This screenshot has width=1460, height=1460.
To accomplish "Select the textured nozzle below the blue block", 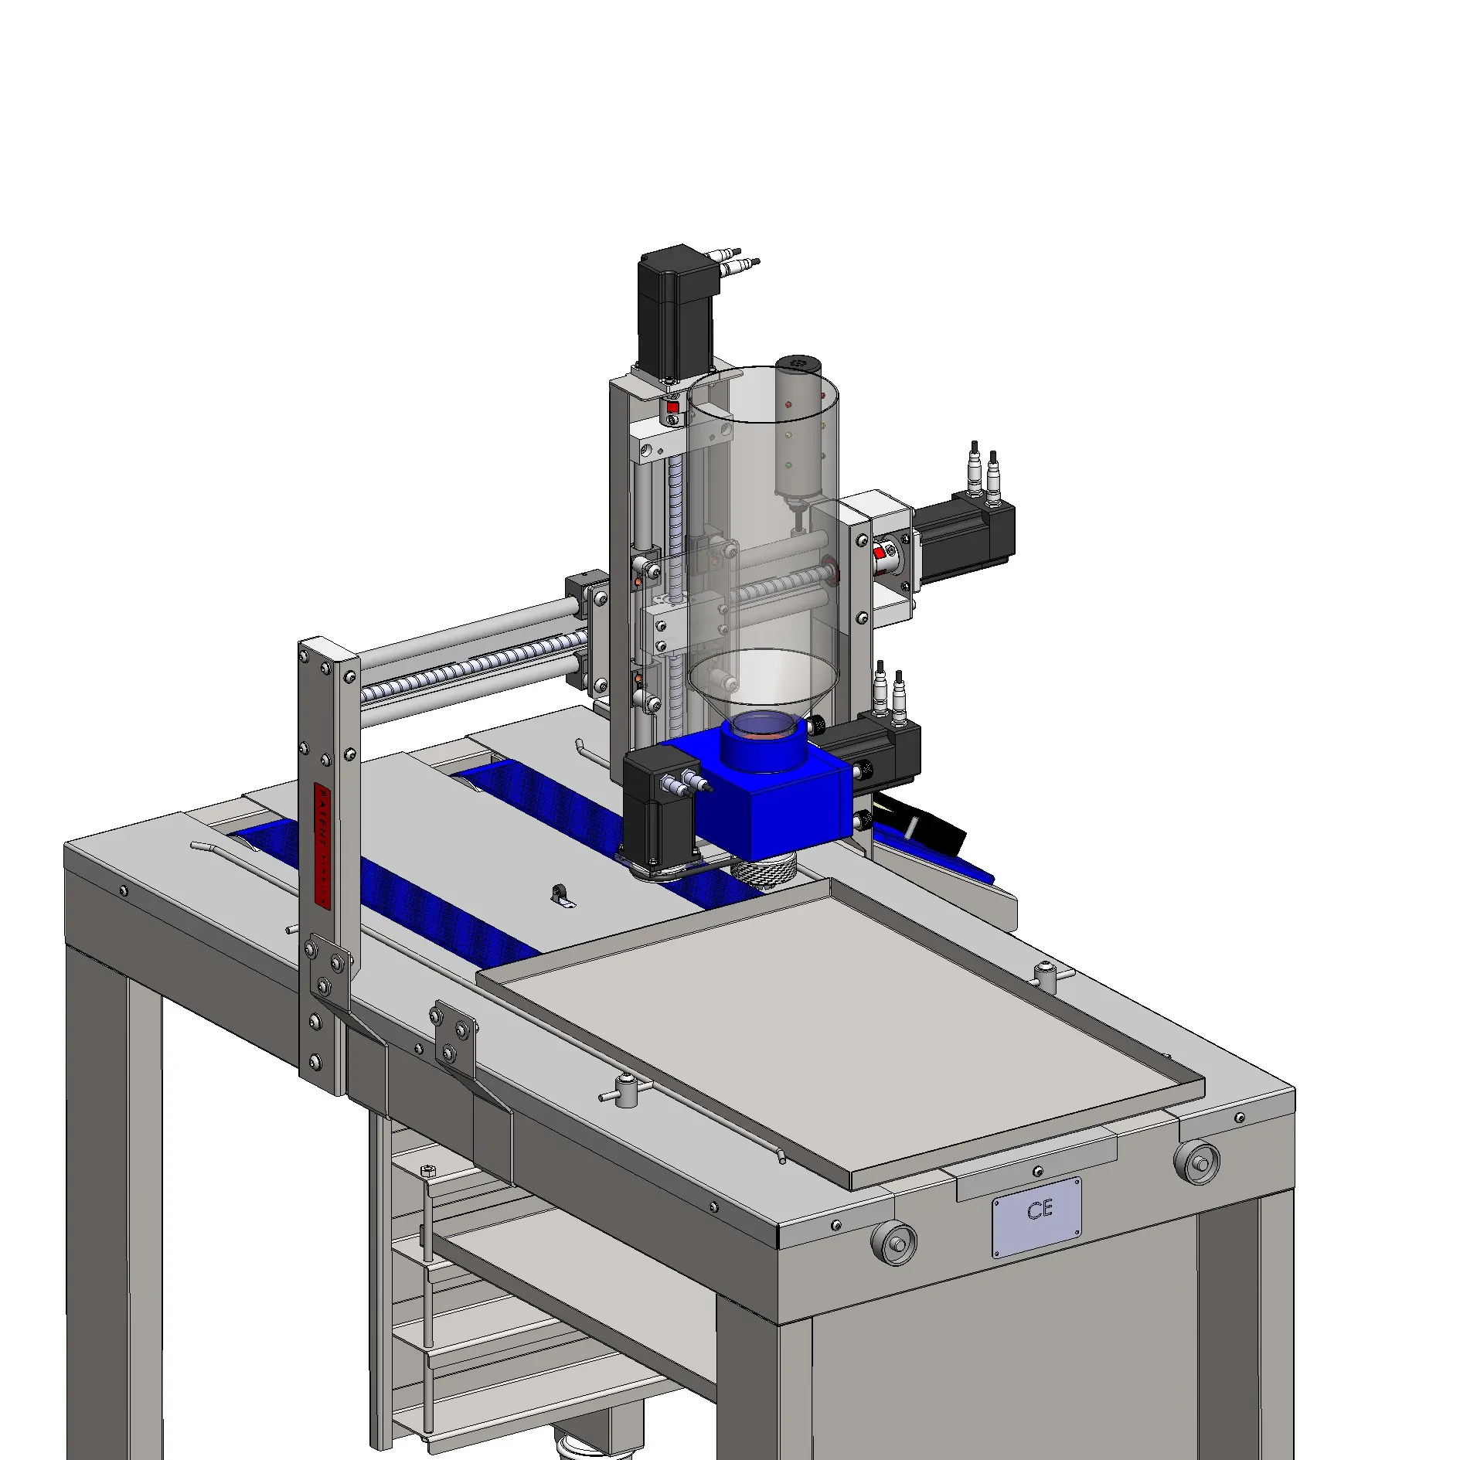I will click(764, 872).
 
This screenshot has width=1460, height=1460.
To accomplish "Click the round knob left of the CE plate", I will click(893, 1244).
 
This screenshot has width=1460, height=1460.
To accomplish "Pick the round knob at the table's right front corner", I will click(1196, 1162).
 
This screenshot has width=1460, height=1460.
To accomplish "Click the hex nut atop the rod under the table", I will click(427, 1171).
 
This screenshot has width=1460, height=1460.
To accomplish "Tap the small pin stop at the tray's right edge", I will click(1046, 975).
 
